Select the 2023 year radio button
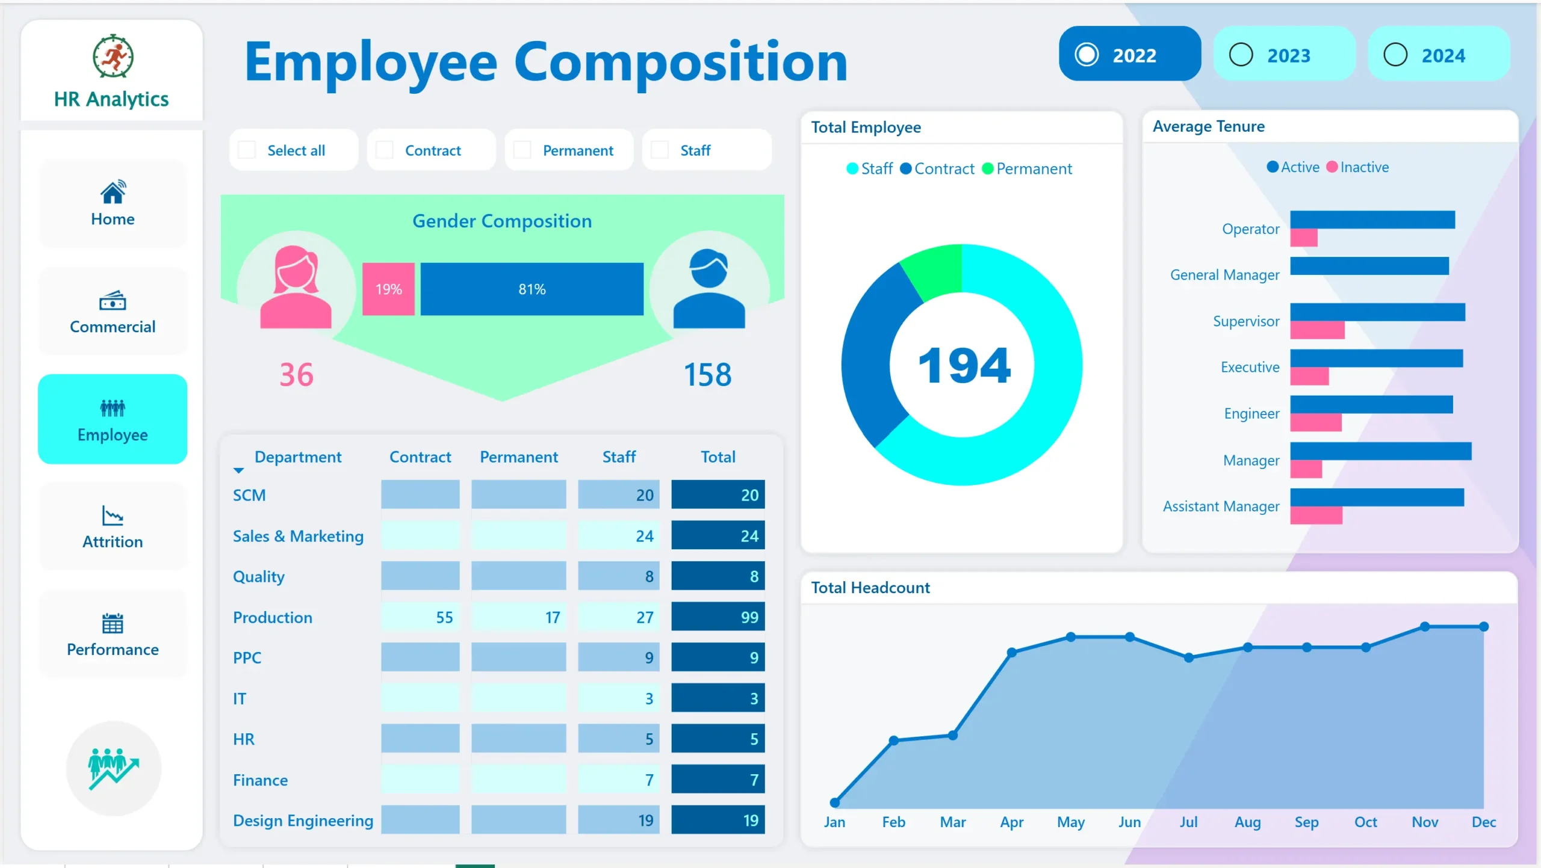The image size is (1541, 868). [1241, 55]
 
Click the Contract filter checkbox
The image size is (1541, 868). [385, 150]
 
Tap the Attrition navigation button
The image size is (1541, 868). [113, 526]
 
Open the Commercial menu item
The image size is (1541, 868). [113, 312]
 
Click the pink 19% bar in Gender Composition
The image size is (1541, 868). [388, 289]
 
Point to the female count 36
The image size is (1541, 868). [296, 375]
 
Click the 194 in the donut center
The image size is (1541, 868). [964, 366]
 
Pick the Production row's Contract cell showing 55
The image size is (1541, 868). [421, 617]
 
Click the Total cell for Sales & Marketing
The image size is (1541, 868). [718, 535]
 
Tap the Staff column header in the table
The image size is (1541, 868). [619, 457]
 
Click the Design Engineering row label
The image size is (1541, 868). [303, 820]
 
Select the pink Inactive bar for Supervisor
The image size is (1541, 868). [1317, 330]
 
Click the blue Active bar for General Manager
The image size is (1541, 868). [1369, 265]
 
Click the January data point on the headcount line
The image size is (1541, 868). [835, 802]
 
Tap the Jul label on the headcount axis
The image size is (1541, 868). [1188, 822]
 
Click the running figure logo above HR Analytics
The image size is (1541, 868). [113, 57]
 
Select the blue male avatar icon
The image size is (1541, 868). [709, 289]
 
